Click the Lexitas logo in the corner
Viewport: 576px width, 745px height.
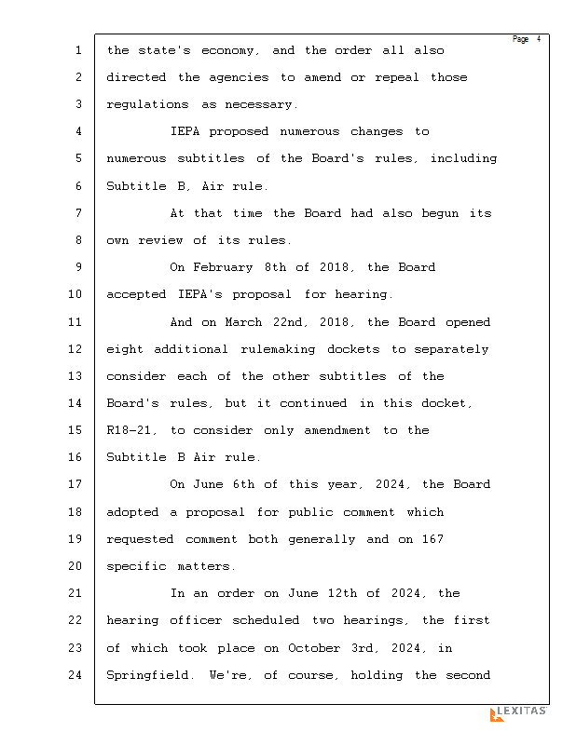click(518, 713)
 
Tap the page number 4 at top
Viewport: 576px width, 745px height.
click(538, 39)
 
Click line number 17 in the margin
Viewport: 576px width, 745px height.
click(76, 484)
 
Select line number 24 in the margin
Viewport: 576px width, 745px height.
click(76, 675)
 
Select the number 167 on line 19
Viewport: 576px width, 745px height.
click(432, 539)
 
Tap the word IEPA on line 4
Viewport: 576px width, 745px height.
click(185, 131)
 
